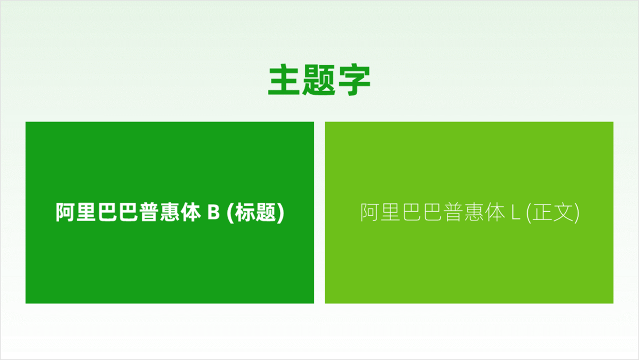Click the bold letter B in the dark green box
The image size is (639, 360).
pos(213,212)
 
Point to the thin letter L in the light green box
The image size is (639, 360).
pos(515,212)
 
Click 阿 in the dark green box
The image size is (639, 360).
pos(65,212)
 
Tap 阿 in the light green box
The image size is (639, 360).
pos(369,212)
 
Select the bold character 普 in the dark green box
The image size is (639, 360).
pos(148,212)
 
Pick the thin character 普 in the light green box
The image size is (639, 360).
pos(453,212)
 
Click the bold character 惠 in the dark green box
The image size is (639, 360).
pos(170,212)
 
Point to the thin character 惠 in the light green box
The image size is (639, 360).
pos(474,212)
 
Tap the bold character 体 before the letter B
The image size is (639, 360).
pos(190,212)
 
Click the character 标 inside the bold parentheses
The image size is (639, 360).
pos(245,212)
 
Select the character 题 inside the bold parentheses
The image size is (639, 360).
pos(266,212)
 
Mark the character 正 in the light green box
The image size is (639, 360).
pos(542,212)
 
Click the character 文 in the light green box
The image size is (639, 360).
pos(563,212)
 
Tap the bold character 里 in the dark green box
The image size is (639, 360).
pos(86,212)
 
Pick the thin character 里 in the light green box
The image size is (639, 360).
pos(391,212)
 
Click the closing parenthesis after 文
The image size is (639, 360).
pos(577,213)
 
